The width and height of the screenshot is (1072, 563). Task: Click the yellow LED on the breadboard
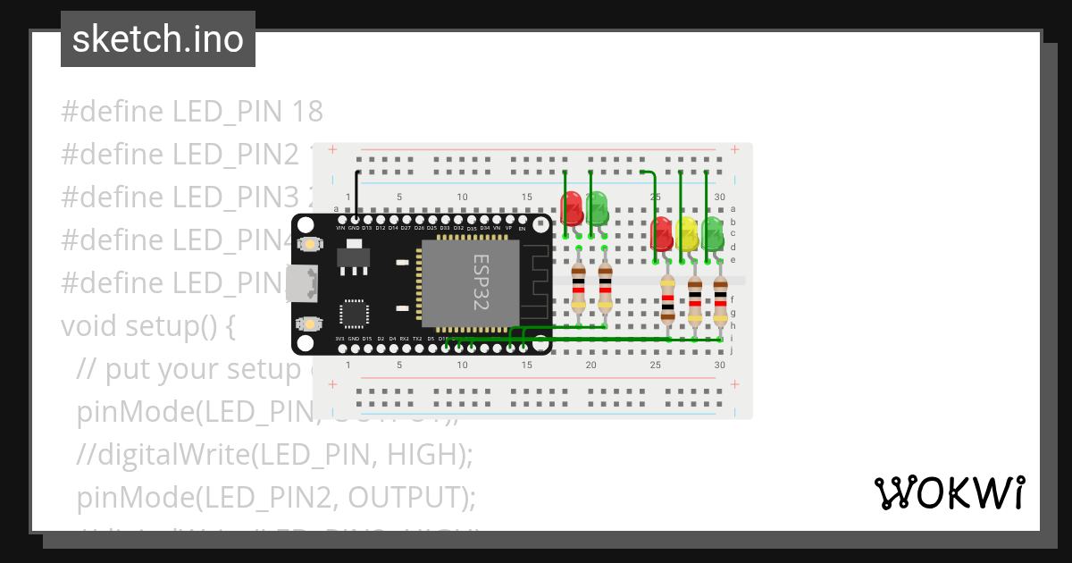(687, 233)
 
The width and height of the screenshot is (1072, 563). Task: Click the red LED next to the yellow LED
(662, 233)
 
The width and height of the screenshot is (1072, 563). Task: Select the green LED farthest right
(713, 233)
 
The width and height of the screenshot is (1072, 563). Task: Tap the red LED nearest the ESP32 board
(571, 207)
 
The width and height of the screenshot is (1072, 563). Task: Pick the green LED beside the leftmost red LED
(597, 207)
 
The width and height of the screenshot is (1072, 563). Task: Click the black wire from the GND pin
(356, 192)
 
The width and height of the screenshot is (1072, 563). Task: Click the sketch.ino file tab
(158, 39)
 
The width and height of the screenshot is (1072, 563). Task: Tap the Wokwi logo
(949, 493)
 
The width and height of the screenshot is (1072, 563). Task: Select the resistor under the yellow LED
(694, 298)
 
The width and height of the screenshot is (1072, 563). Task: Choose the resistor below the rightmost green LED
(720, 298)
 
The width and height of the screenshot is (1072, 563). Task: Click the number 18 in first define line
(306, 112)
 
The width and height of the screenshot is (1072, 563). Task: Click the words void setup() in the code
(148, 325)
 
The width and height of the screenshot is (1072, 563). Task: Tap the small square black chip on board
(355, 314)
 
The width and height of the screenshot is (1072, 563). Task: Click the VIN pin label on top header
(340, 228)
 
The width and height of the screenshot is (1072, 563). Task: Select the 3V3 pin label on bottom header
(340, 339)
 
